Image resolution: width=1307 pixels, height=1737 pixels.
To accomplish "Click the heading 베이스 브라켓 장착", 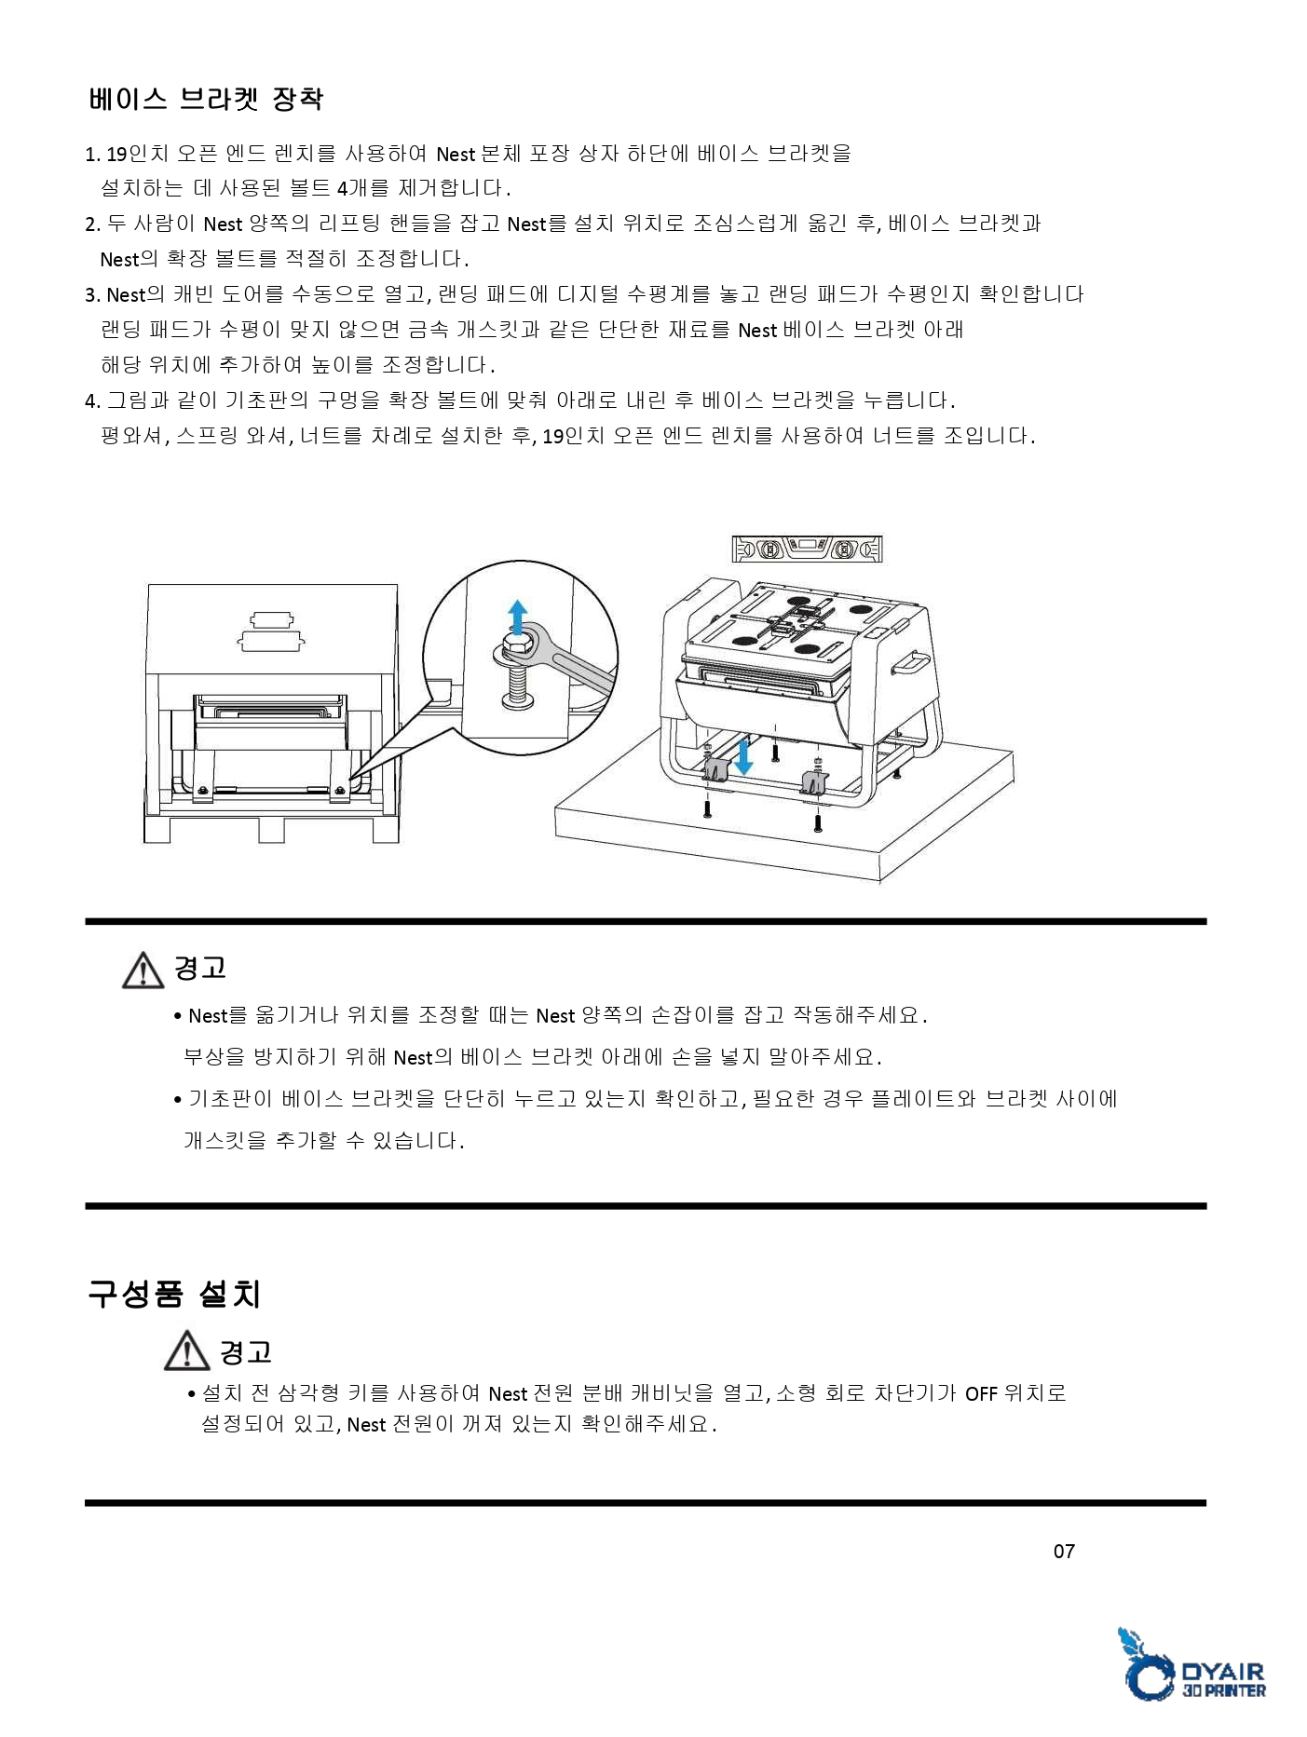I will pyautogui.click(x=206, y=99).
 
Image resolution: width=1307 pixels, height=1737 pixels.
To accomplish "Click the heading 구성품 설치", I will pyautogui.click(x=174, y=1294).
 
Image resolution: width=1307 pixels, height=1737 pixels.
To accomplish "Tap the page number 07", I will pyautogui.click(x=1064, y=1551).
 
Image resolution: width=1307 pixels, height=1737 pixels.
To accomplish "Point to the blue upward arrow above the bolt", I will pyautogui.click(x=517, y=617).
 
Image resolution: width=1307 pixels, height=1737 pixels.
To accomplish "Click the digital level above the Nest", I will pyautogui.click(x=807, y=550).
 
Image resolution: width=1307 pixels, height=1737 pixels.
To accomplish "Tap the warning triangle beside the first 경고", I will pyautogui.click(x=143, y=970).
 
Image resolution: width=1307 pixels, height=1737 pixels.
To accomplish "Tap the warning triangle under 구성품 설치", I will pyautogui.click(x=186, y=1351).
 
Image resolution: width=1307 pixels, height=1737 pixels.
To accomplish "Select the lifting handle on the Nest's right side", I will pyautogui.click(x=910, y=663).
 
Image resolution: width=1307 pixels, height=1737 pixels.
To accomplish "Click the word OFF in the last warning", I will pyautogui.click(x=981, y=1394).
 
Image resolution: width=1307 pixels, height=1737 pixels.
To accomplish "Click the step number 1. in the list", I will pyautogui.click(x=92, y=155).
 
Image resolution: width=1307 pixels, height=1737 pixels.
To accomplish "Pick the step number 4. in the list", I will pyautogui.click(x=92, y=402).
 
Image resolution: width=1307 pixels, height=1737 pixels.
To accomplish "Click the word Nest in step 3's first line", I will pyautogui.click(x=126, y=296).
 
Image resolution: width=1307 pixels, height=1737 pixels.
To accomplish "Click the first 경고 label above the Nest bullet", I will pyautogui.click(x=200, y=969).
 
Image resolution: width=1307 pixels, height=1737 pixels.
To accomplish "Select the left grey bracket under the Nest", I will pyautogui.click(x=715, y=770).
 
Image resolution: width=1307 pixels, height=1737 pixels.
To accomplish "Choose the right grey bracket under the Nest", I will pyautogui.click(x=814, y=781).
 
